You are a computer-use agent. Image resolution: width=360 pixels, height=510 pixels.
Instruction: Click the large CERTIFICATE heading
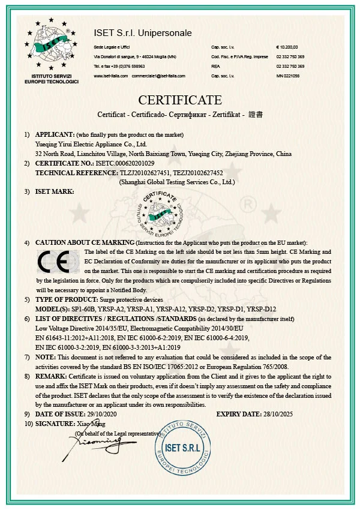(180, 100)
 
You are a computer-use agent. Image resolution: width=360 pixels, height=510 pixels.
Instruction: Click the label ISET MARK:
(55, 191)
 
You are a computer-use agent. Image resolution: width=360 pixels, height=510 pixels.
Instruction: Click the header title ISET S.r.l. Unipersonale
(143, 33)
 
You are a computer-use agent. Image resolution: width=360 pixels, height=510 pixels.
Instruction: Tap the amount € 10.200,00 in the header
(286, 47)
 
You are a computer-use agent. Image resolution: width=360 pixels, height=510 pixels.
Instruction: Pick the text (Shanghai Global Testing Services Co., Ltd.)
(177, 181)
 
